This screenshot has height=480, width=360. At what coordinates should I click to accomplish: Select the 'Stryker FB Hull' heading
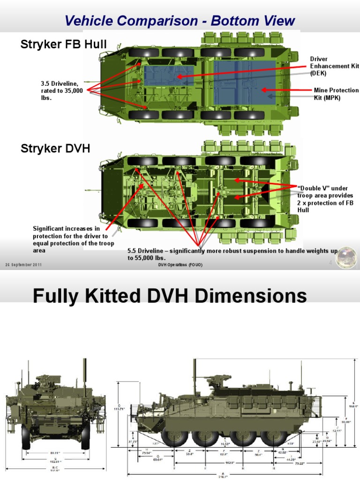[63, 45]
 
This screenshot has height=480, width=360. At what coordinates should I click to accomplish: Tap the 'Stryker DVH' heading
[55, 149]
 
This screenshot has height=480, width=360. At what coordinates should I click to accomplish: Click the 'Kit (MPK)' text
[327, 98]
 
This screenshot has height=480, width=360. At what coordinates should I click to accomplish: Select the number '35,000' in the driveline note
[72, 91]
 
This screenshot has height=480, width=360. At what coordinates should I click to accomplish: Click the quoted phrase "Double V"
[310, 188]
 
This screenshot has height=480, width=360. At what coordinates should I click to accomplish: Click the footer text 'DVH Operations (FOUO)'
[180, 266]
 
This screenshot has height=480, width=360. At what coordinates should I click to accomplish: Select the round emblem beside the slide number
[346, 258]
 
